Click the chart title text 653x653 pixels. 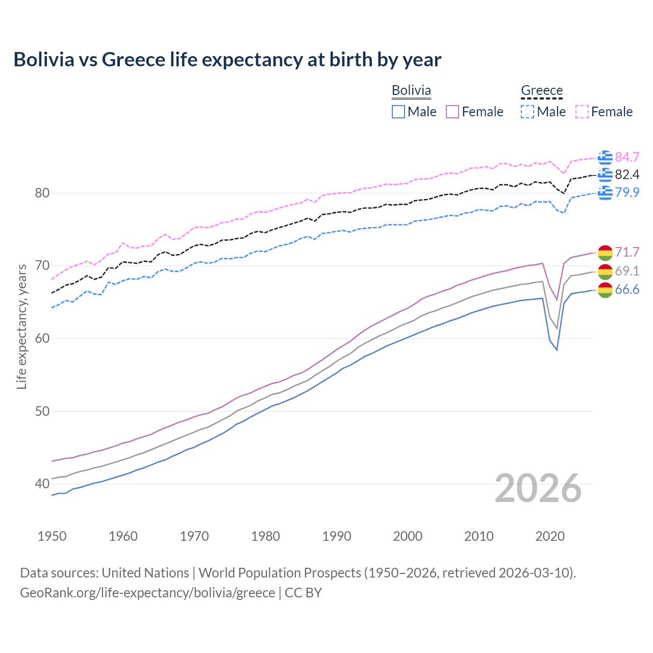tap(227, 60)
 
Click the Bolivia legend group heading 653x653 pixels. tap(411, 90)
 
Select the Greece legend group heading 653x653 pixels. tap(541, 90)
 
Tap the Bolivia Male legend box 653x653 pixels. tap(398, 112)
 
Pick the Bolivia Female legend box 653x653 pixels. tap(453, 112)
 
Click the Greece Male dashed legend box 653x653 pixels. tap(528, 112)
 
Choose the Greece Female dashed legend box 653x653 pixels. tap(582, 112)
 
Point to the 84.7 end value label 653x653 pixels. tap(627, 157)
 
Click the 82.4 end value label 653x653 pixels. tap(627, 175)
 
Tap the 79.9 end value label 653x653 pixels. tap(627, 192)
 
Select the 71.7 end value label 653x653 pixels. tap(627, 252)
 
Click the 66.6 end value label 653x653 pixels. tap(627, 290)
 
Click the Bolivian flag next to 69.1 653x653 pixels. tap(605, 271)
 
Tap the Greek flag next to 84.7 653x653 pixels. tap(605, 158)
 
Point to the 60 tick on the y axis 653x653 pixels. tap(42, 338)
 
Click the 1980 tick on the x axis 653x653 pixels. tap(265, 536)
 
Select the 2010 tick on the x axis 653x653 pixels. tap(479, 536)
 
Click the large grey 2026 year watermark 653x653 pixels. tap(538, 488)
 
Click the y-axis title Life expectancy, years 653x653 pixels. tap(21, 326)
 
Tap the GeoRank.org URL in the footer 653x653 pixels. tap(147, 593)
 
